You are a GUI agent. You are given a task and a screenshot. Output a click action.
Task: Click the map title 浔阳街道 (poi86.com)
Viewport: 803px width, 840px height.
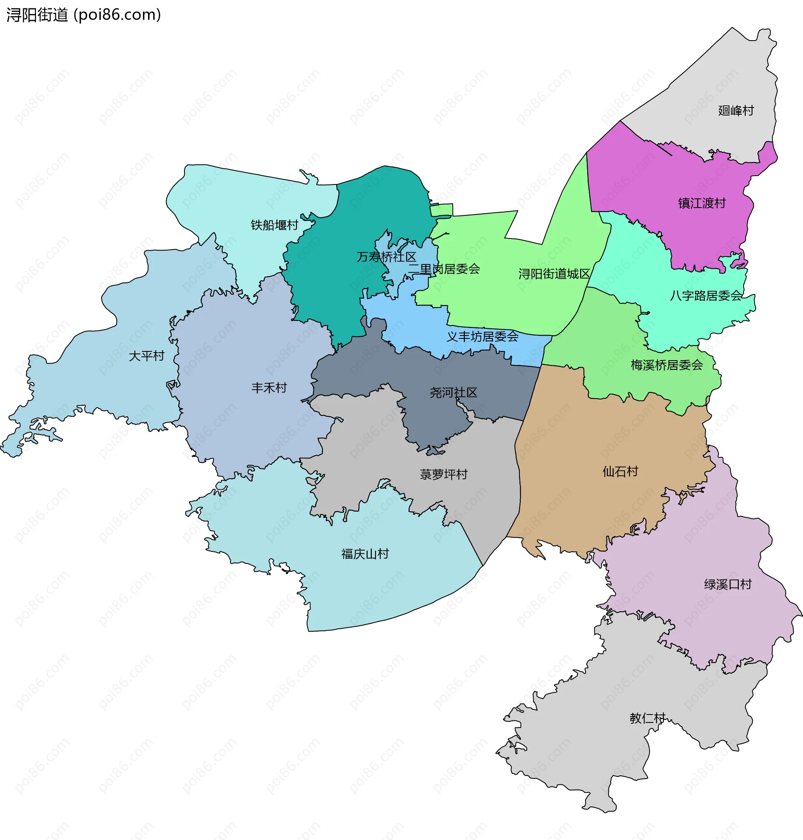click(x=84, y=15)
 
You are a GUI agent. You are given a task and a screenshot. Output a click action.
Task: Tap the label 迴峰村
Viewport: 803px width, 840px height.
click(x=736, y=110)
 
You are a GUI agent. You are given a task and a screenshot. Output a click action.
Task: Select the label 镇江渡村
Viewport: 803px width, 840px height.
click(x=702, y=203)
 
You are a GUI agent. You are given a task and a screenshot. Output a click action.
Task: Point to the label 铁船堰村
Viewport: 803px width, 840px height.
click(x=274, y=225)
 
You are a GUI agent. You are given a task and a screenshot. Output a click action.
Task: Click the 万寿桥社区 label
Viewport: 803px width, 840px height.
click(x=386, y=257)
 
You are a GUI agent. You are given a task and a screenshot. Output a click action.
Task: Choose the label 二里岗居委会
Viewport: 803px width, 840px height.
click(x=444, y=269)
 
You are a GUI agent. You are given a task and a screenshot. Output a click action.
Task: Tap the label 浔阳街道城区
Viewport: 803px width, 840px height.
click(x=554, y=274)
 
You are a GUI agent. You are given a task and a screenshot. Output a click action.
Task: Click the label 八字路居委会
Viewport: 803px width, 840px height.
click(x=706, y=295)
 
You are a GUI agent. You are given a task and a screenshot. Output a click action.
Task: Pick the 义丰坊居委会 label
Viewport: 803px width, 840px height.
click(x=482, y=336)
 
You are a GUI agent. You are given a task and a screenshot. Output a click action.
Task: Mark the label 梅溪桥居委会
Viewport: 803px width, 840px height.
click(x=667, y=365)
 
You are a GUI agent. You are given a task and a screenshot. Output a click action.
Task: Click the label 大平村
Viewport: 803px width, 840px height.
click(x=146, y=356)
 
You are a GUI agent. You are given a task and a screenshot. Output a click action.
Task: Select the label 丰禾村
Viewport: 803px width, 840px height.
click(x=269, y=388)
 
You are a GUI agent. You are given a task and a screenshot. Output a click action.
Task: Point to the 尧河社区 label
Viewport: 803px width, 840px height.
click(x=453, y=392)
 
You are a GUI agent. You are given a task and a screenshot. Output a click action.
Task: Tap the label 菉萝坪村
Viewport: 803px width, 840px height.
click(x=443, y=474)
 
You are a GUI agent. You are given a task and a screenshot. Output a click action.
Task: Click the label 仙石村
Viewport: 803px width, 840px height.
click(x=620, y=471)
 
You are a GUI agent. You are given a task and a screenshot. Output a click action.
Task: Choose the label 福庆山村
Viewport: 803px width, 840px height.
click(x=365, y=554)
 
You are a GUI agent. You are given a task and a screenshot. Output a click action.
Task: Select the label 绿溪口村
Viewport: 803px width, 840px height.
click(x=728, y=584)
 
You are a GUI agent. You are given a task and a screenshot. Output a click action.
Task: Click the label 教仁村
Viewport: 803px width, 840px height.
click(x=647, y=718)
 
